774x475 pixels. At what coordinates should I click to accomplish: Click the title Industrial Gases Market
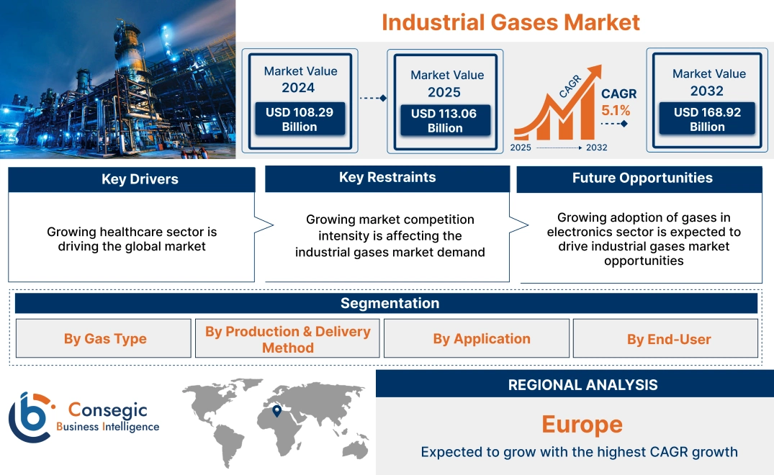point(510,22)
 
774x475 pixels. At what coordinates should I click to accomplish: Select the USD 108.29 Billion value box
point(300,119)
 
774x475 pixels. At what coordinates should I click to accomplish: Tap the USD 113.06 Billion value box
point(445,121)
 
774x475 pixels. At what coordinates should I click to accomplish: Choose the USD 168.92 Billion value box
point(707,119)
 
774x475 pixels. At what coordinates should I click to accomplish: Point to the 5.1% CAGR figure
point(616,111)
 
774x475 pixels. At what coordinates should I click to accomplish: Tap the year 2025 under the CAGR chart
point(522,148)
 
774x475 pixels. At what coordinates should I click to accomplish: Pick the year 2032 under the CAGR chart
point(596,148)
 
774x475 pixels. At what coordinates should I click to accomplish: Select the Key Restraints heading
point(387,178)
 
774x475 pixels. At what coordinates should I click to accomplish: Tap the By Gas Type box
point(104,339)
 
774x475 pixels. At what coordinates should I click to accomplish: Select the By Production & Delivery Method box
point(287,339)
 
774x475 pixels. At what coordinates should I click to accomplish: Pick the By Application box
point(482,339)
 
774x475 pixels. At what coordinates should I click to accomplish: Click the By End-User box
point(668,339)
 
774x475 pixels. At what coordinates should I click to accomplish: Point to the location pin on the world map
point(276,412)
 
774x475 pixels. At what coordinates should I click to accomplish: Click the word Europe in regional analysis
point(582,424)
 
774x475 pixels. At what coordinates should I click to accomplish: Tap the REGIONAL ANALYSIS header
point(582,385)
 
